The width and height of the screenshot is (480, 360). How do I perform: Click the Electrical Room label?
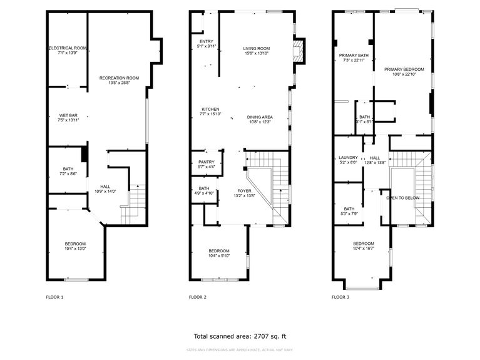tap(68, 48)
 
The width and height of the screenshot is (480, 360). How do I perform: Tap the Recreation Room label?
tap(119, 78)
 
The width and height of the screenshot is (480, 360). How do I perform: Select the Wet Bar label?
tap(68, 115)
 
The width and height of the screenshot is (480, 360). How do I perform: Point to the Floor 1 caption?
tap(55, 297)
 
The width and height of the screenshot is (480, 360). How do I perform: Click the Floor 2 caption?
tap(198, 297)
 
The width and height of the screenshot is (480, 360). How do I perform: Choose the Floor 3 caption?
tap(340, 297)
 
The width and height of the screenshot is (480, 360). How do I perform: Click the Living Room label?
tap(257, 48)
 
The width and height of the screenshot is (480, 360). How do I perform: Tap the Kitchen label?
tap(210, 109)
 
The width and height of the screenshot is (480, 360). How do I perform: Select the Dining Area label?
tap(259, 117)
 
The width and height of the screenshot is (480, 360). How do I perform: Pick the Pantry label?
tap(207, 162)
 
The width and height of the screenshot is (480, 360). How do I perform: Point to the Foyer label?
tap(244, 190)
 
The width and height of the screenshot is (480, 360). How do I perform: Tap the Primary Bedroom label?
tap(404, 69)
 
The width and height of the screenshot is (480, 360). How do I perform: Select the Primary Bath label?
tap(352, 55)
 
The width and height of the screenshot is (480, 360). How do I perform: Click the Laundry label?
tap(348, 158)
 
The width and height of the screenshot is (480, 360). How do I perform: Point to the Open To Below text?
tap(403, 198)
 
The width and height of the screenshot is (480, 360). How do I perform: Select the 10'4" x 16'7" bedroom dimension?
tap(364, 249)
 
